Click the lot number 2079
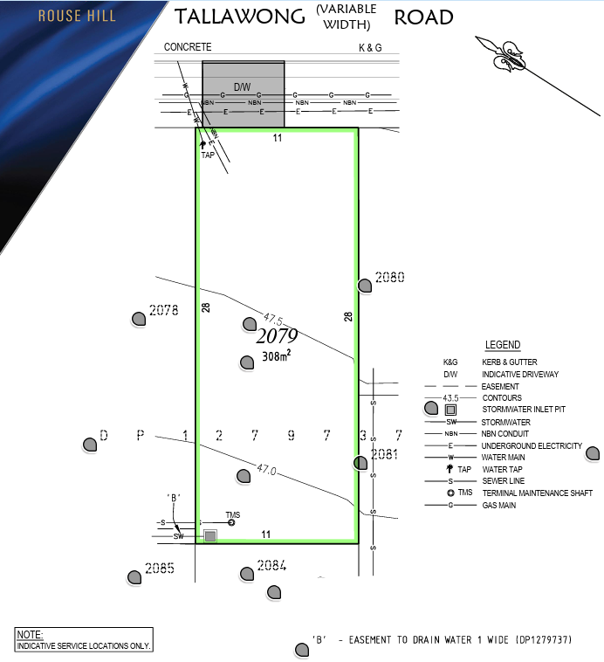[277, 336]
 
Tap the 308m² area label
[277, 356]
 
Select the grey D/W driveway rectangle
[244, 94]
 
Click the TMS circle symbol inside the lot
[231, 522]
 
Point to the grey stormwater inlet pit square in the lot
[210, 536]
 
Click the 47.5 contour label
[273, 319]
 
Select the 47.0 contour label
[266, 469]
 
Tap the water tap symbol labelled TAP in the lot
[202, 144]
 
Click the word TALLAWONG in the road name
[240, 17]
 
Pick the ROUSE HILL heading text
[77, 16]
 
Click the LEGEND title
[503, 345]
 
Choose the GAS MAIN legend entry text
[499, 505]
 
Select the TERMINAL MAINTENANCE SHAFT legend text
[538, 493]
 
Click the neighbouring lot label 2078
[164, 310]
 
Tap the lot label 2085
[160, 569]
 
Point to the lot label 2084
[271, 565]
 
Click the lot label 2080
[389, 277]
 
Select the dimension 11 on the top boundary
[278, 138]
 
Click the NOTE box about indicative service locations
[84, 639]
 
